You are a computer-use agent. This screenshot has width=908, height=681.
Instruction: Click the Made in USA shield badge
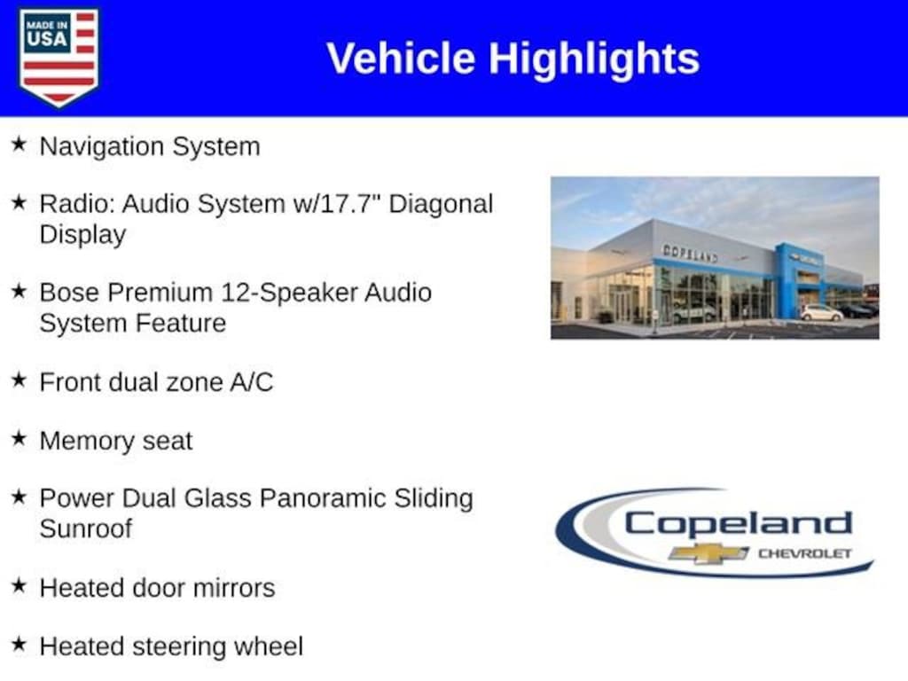(59, 57)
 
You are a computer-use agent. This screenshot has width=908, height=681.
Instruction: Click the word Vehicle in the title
(401, 59)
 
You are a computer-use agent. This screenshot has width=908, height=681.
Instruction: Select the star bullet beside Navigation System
(20, 145)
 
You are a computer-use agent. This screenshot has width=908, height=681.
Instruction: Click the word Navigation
(102, 147)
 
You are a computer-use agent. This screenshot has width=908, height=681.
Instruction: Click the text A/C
(251, 382)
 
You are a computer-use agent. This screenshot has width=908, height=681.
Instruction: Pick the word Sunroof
(86, 528)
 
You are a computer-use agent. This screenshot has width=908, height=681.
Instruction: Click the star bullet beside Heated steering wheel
(20, 644)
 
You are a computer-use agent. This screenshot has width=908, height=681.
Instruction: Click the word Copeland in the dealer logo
(739, 525)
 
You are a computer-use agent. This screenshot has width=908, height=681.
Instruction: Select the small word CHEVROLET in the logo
(805, 553)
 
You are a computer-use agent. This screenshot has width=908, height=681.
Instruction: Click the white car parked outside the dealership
(822, 313)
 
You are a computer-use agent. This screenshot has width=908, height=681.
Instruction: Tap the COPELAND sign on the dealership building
(690, 253)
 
